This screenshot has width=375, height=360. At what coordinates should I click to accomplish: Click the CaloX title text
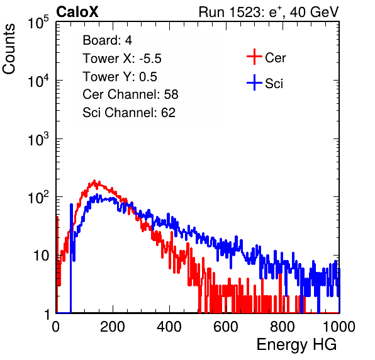tap(77, 12)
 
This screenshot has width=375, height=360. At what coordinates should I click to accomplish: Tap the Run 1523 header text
tap(269, 12)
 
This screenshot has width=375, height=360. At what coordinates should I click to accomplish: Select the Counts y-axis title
tap(9, 49)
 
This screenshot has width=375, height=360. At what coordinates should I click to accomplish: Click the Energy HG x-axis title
tap(296, 345)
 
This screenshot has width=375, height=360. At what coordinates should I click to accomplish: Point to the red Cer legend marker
tap(254, 57)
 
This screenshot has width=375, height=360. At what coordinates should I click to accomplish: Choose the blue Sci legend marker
tap(254, 82)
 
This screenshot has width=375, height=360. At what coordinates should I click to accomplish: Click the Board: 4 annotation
tap(107, 40)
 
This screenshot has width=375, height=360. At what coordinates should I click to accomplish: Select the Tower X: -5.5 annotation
tap(122, 59)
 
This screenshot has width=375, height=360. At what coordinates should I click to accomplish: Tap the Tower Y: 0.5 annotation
tap(120, 77)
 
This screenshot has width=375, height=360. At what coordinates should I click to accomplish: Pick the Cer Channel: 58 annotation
tap(130, 94)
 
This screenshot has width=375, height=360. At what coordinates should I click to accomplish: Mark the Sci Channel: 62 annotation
tap(129, 113)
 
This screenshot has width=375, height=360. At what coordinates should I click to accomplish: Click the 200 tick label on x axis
tap(113, 327)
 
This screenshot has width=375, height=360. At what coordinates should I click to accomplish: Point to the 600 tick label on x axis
tap(226, 327)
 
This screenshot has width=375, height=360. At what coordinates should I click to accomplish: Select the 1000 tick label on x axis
tap(339, 327)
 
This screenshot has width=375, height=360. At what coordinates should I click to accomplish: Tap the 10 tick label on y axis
tap(41, 256)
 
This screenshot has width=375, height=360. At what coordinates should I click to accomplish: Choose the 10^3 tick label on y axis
tap(38, 139)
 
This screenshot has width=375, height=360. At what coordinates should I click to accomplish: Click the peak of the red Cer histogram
tap(94, 181)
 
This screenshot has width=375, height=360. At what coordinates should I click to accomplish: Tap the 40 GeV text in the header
tap(314, 12)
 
